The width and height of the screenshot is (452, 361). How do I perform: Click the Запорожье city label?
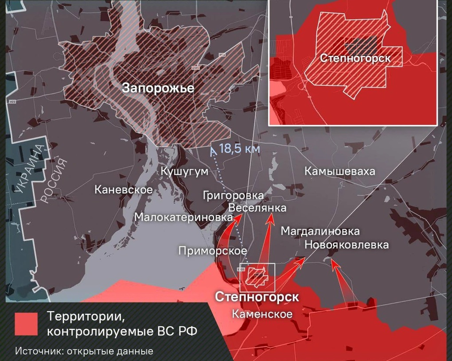158,88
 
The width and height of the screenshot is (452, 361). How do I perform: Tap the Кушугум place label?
184,172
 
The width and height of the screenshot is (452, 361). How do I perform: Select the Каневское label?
124,190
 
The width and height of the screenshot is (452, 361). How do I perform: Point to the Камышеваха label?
339,172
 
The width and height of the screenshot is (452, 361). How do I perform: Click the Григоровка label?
233,195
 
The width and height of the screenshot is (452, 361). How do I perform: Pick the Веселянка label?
257,207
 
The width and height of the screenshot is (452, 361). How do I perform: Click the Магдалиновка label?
320,231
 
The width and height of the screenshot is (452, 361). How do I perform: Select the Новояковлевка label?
347,245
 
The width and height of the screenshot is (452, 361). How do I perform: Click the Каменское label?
262,314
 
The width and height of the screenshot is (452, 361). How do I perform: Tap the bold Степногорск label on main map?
257,297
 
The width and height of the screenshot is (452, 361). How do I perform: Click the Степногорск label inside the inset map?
355,58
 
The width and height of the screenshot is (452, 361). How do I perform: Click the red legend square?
26,324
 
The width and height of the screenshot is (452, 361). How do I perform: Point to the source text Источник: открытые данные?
84,351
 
